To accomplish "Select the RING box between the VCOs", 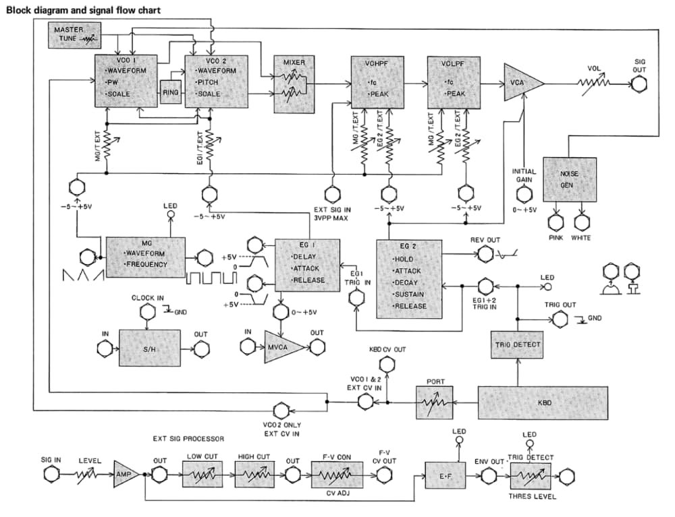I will point(171,92).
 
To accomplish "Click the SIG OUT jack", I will point(639,85).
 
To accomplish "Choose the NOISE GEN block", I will point(570,179).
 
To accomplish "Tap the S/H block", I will point(149,348).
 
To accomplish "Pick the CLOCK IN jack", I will point(146,311).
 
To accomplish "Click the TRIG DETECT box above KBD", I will point(518,345).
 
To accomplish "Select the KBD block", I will point(543,401).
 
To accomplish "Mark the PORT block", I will point(433,401).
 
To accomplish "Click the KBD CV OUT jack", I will point(386,365).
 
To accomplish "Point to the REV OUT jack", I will point(485,254).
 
